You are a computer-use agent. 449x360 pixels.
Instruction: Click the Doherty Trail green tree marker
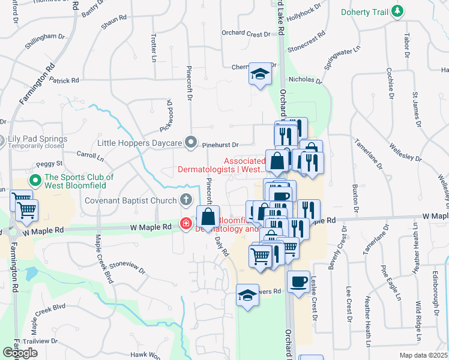click(397, 11)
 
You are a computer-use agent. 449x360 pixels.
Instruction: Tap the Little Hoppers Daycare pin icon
click(191, 142)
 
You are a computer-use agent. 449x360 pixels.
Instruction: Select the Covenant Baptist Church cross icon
click(187, 200)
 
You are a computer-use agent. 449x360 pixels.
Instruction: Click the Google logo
click(20, 352)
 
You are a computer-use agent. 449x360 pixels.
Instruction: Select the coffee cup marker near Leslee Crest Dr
click(298, 282)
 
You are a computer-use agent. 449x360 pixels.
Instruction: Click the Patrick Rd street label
click(64, 80)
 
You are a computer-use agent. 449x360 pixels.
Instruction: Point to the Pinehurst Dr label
click(220, 145)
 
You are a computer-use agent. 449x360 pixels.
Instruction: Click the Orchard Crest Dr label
click(246, 34)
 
